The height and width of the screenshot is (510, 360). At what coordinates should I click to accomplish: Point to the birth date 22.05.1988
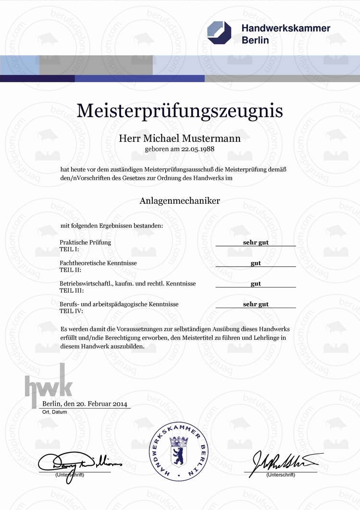(x=197, y=149)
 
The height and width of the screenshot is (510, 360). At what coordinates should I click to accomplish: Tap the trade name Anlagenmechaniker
(x=180, y=201)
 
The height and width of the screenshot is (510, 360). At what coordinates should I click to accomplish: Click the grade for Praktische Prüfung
(x=256, y=242)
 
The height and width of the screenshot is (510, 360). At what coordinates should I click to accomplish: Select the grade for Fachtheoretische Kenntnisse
(x=256, y=263)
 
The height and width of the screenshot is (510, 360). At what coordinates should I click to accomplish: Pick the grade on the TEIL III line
(x=256, y=284)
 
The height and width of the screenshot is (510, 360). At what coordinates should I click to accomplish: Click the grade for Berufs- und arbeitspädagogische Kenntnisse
(x=256, y=304)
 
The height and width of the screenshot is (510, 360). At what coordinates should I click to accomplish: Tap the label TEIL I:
(x=69, y=249)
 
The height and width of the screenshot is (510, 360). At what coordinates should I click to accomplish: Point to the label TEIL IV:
(x=71, y=311)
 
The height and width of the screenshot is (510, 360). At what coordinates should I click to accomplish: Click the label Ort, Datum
(x=53, y=412)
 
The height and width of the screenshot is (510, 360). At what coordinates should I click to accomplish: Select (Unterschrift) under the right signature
(x=281, y=475)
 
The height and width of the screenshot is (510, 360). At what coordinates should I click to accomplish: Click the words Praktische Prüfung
(x=85, y=242)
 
